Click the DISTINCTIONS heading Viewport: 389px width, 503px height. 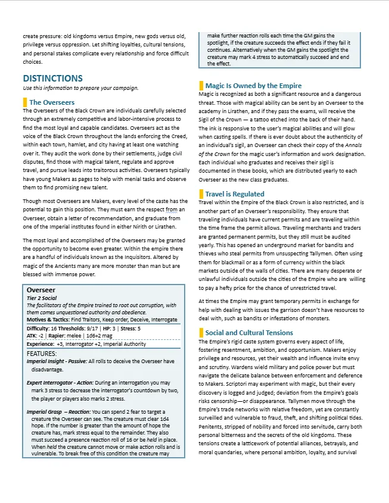point(52,78)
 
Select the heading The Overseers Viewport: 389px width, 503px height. point(52,102)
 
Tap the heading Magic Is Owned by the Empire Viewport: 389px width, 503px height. point(253,86)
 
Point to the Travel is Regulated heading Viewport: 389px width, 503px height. point(235,194)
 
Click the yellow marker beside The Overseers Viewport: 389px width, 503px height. point(25,102)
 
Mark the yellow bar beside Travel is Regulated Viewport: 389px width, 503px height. point(201,194)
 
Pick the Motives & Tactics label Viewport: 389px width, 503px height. point(48,320)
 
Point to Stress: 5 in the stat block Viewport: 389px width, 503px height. point(130,328)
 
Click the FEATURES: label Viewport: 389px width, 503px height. point(42,354)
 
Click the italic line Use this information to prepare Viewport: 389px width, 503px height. point(80,88)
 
